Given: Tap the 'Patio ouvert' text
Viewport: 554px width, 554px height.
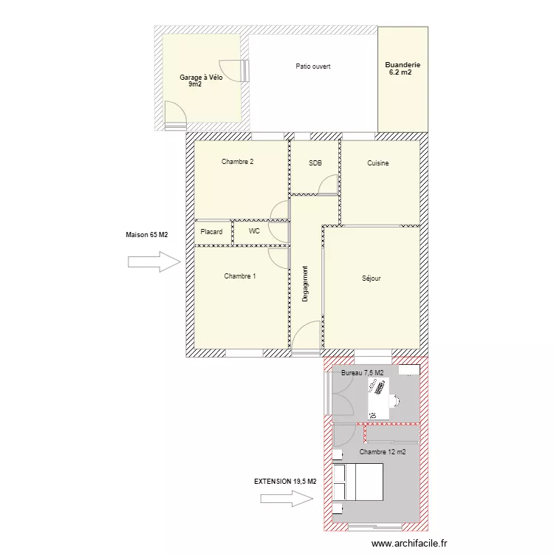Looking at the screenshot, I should tap(312, 66).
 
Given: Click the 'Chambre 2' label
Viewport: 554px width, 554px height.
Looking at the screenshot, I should tap(238, 162).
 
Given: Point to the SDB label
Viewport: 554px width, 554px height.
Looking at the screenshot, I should tap(315, 163).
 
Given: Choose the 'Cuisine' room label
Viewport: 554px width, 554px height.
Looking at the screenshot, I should tap(378, 163).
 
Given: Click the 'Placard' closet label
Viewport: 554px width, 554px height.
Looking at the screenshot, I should tap(211, 232).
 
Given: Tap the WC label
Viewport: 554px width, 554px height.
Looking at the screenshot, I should tap(254, 231).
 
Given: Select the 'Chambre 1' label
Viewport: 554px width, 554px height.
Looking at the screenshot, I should tap(240, 276).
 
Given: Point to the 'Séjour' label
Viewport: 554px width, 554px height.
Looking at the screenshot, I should tap(372, 278).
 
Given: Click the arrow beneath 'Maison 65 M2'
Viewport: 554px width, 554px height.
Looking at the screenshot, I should tap(154, 261).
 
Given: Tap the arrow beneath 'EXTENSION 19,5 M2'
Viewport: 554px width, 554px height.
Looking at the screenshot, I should tap(287, 499).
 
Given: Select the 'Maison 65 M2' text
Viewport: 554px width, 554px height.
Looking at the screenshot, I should tap(147, 235).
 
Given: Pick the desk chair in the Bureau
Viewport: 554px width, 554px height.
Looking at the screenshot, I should tap(395, 400).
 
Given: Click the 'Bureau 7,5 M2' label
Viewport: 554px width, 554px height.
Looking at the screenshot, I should tap(362, 373).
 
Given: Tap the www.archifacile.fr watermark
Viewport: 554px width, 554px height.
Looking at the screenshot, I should tap(409, 543).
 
